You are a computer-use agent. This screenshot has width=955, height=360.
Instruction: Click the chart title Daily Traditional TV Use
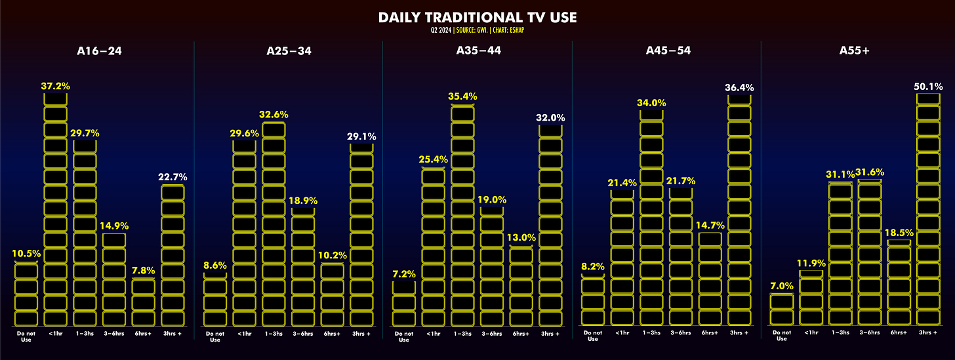pyautogui.click(x=477, y=18)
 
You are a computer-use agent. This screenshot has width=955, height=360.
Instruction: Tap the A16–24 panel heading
pyautogui.click(x=99, y=51)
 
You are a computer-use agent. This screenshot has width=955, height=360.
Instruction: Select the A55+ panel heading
pyautogui.click(x=855, y=50)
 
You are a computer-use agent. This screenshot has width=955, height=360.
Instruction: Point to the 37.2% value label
pyautogui.click(x=55, y=86)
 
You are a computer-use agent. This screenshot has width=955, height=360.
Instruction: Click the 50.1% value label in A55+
pyautogui.click(x=928, y=87)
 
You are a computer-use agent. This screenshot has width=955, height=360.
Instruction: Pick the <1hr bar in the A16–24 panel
pyautogui.click(x=55, y=210)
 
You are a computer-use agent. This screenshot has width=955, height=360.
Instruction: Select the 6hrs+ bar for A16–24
pyautogui.click(x=143, y=302)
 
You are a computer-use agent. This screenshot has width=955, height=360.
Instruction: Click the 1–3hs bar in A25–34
pyautogui.click(x=274, y=224)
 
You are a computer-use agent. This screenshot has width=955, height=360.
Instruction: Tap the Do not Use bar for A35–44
pyautogui.click(x=404, y=304)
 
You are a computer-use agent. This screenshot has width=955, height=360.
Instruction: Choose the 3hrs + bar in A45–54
pyautogui.click(x=739, y=210)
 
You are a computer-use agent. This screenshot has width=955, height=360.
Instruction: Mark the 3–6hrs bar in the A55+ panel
pyautogui.click(x=870, y=252)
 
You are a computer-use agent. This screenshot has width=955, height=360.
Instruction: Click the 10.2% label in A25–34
pyautogui.click(x=333, y=255)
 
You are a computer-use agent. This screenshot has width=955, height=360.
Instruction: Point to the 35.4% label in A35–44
pyautogui.click(x=462, y=96)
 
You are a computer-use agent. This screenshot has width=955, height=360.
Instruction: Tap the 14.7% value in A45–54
pyautogui.click(x=710, y=225)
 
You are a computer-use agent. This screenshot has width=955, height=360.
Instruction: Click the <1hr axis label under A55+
pyautogui.click(x=811, y=332)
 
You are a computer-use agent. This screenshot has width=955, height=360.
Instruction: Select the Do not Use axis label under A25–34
pyautogui.click(x=215, y=336)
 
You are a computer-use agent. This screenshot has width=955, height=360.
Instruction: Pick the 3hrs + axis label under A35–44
pyautogui.click(x=550, y=334)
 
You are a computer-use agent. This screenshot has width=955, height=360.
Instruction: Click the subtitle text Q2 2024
pyautogui.click(x=440, y=30)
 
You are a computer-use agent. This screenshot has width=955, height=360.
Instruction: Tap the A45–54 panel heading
pyautogui.click(x=668, y=50)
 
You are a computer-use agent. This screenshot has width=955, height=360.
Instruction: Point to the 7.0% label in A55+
pyautogui.click(x=782, y=286)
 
